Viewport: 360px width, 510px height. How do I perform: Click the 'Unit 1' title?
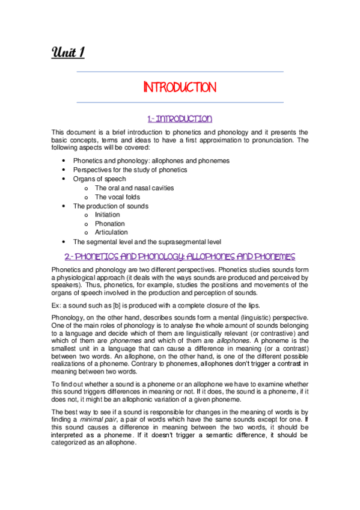tap(67, 54)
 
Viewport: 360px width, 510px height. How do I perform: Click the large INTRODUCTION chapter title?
tap(180, 88)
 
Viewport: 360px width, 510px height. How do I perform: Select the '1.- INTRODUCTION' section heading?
tap(180, 118)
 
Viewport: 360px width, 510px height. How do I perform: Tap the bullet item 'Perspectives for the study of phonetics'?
tap(130, 170)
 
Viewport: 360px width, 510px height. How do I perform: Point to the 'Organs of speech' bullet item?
tap(100, 179)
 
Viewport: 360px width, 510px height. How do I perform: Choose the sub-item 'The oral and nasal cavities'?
tap(134, 188)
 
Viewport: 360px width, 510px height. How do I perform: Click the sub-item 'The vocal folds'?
tap(118, 197)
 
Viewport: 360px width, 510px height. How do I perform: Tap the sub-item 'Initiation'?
tap(108, 215)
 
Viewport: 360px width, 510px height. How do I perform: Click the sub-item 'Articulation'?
tap(111, 232)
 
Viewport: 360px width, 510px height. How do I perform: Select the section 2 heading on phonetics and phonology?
tap(180, 256)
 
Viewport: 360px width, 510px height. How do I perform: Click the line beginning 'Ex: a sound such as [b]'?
tap(150, 305)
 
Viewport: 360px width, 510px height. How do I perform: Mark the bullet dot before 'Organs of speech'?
tap(64, 179)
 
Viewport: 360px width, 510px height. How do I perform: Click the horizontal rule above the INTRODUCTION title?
tap(180, 72)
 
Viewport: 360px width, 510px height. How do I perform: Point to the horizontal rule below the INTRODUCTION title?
tap(180, 103)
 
